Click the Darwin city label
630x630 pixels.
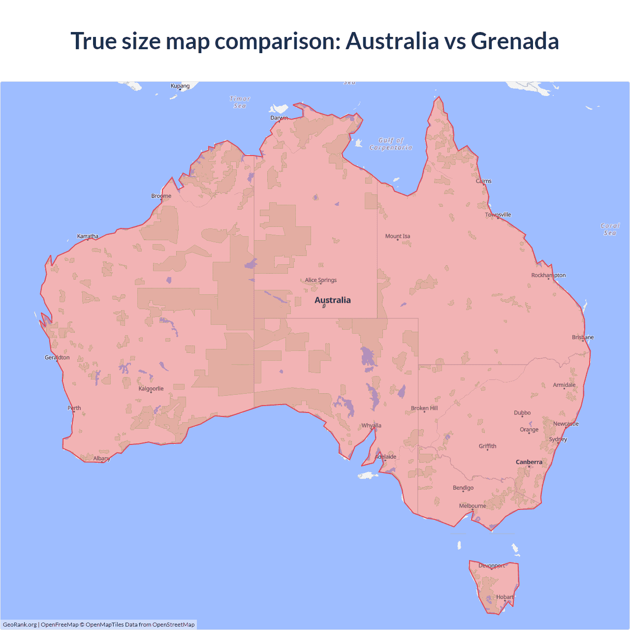279,118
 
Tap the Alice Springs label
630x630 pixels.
320,280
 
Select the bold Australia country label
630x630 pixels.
333,300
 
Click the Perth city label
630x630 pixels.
74,408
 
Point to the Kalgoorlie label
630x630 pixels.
151,388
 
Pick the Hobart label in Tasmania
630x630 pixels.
504,597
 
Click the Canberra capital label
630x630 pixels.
529,462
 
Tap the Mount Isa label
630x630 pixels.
398,236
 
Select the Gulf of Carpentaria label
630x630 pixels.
391,144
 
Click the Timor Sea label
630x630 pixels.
240,102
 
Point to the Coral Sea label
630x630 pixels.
610,229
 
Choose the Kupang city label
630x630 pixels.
180,86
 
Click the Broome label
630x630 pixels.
161,196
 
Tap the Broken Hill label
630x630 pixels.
424,408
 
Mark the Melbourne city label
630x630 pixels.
472,505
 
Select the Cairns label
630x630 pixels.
484,181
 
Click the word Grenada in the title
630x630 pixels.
515,41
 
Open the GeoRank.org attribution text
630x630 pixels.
20,625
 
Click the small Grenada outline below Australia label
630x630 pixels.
324,306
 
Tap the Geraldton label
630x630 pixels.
57,357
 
